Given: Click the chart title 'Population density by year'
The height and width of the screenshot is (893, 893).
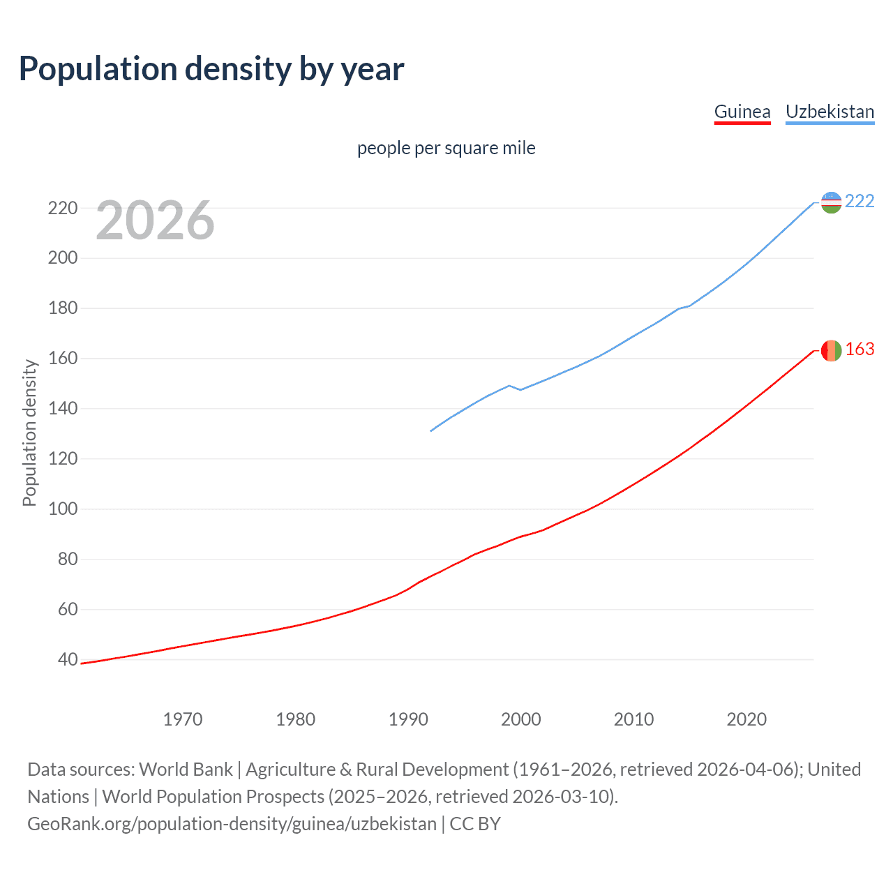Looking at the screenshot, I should click(211, 69).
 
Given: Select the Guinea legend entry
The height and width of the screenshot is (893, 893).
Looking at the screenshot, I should click(742, 112).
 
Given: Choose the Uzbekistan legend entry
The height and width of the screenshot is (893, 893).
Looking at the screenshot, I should click(830, 112).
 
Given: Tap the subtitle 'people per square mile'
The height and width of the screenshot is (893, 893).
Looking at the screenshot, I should click(446, 148).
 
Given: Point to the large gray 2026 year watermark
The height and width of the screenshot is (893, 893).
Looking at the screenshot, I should click(155, 220).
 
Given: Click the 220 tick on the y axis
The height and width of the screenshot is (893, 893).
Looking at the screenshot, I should click(62, 208).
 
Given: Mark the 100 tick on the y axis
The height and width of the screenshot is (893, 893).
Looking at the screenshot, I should click(62, 509).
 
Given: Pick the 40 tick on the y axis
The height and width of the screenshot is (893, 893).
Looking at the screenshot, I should click(67, 659).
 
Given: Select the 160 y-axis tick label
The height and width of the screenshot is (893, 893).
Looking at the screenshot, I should click(62, 358).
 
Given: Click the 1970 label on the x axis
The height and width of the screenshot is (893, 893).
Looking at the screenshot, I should click(183, 719).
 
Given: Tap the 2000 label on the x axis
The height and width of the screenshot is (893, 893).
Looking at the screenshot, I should click(521, 719).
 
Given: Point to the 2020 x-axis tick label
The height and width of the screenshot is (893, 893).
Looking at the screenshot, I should click(746, 719).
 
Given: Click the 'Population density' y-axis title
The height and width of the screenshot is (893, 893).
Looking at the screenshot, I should click(29, 433).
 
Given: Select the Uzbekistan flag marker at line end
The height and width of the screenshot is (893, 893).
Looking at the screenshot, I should click(831, 202).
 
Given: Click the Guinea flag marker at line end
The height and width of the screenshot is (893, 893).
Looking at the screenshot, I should click(831, 350).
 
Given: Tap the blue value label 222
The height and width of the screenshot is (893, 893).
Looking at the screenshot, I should click(860, 201).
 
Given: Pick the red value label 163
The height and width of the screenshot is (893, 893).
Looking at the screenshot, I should click(860, 349).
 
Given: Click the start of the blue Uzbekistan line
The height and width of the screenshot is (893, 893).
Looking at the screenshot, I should click(431, 430).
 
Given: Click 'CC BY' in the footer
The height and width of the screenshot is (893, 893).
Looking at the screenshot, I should click(475, 824).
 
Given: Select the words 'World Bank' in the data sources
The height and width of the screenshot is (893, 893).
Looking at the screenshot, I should click(186, 770).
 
